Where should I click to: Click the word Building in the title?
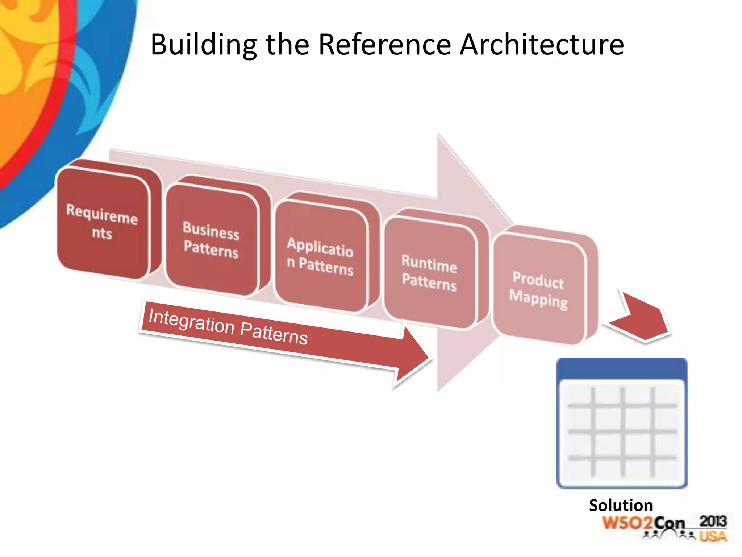[x=203, y=45]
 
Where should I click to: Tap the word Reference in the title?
[x=384, y=45]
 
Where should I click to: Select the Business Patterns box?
[x=211, y=239]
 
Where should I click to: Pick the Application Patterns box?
[x=320, y=256]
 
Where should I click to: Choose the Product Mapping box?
[x=539, y=289]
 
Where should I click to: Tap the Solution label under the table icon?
[x=621, y=505]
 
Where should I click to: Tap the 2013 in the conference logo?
[x=713, y=521]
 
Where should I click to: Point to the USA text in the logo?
[x=713, y=536]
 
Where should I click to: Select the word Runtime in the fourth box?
[x=429, y=263]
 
